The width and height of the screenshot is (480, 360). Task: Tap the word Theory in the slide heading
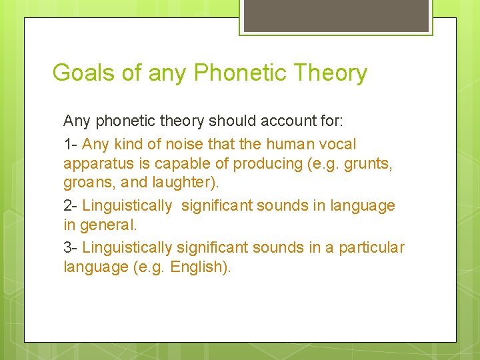coord(332,72)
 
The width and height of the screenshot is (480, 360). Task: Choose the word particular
coord(371,247)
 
